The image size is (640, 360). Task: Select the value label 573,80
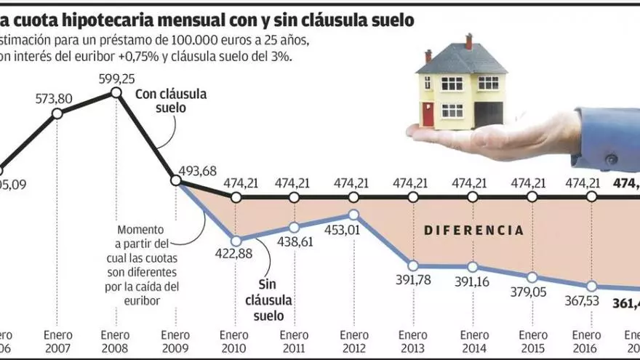pos(57,97)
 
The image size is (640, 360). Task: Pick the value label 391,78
pos(412,282)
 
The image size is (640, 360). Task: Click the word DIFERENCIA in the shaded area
pos(473,231)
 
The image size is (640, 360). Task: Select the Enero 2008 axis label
pos(115,342)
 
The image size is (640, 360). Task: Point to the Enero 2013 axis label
pos(412,342)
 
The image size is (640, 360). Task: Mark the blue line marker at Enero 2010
pos(236,239)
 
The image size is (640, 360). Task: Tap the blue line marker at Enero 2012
pos(353,215)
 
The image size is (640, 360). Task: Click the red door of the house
pos(427,114)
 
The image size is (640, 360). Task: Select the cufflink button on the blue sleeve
pos(611,159)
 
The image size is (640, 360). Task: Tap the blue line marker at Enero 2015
pos(532,277)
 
